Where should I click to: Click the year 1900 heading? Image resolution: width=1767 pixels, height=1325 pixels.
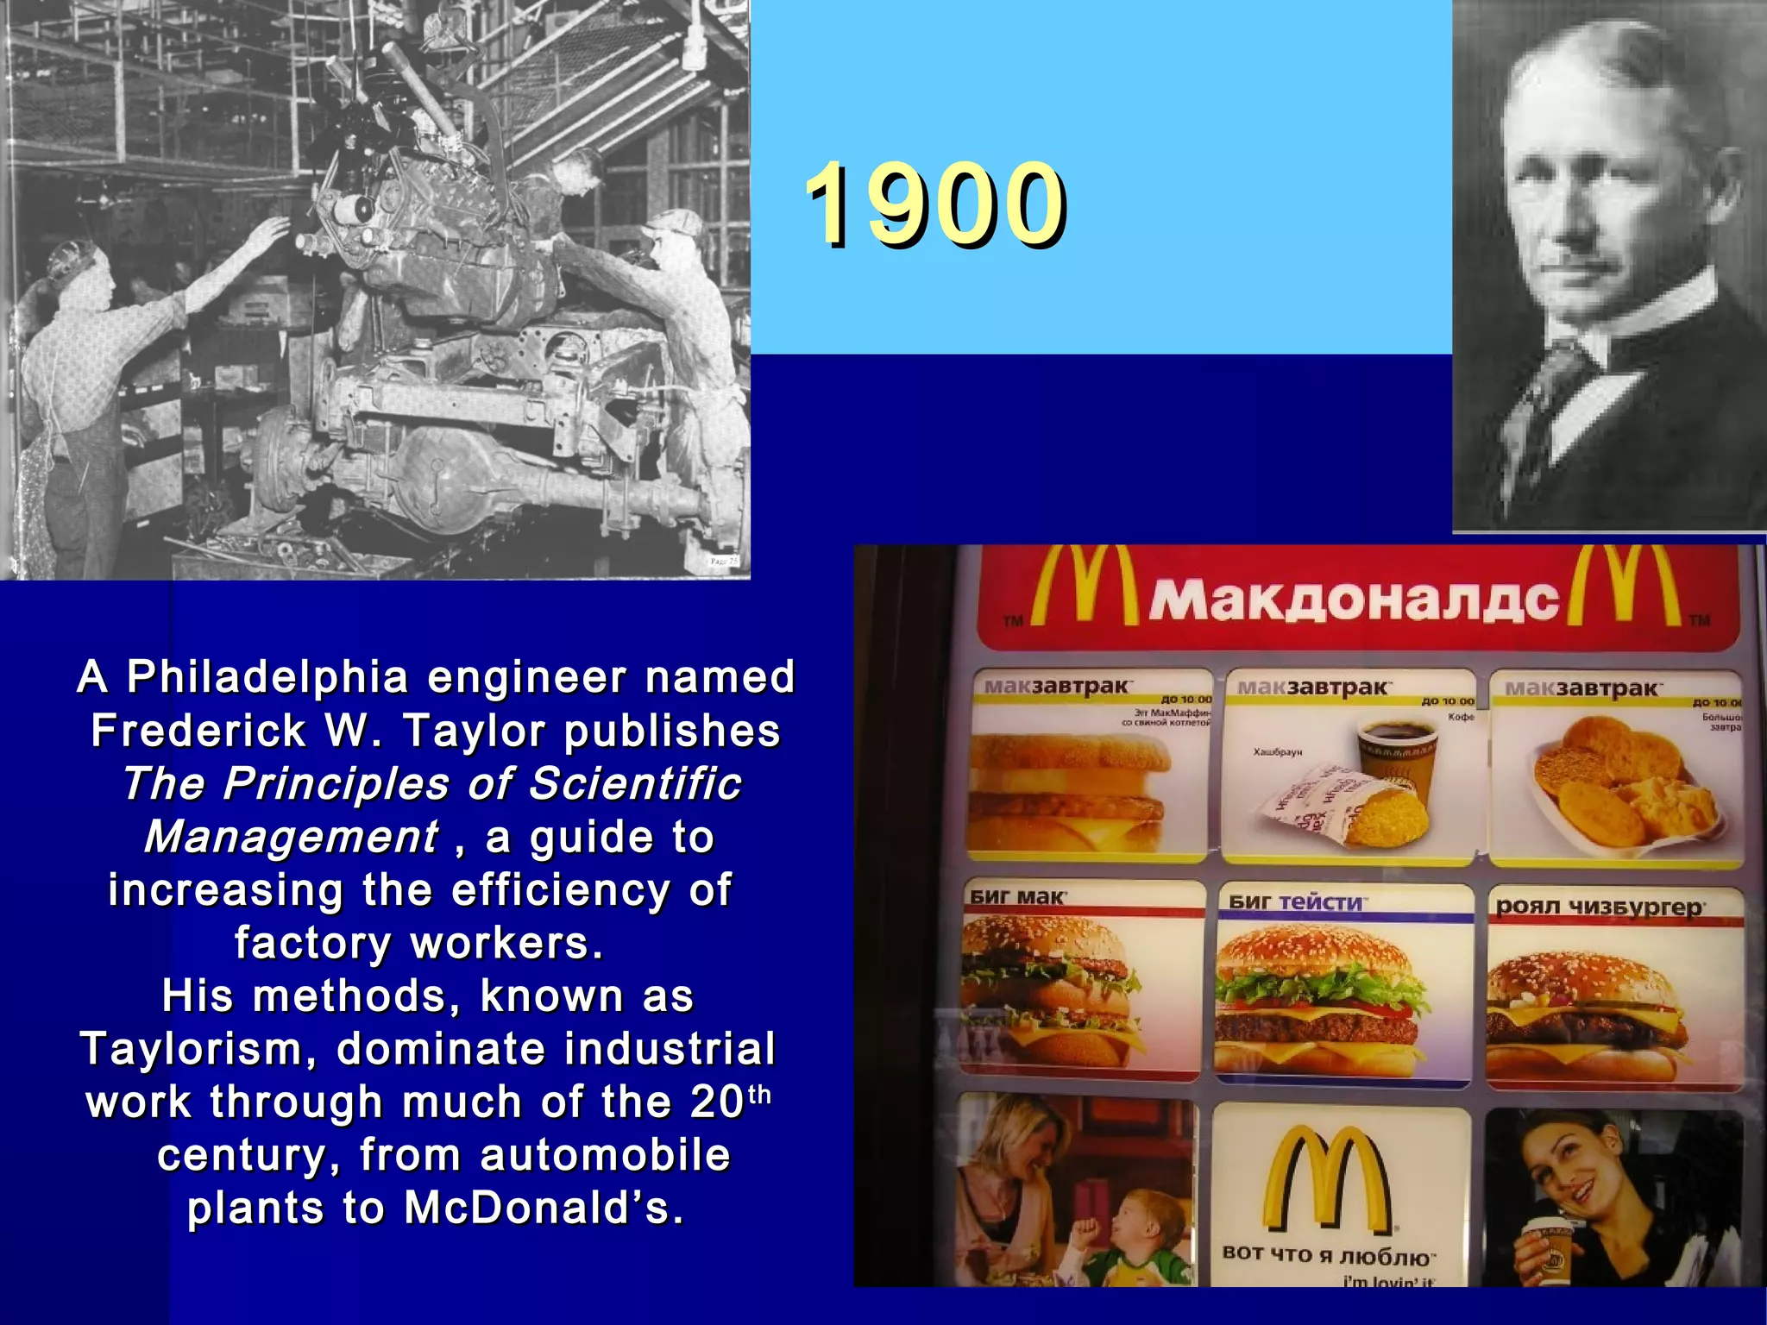tap(935, 205)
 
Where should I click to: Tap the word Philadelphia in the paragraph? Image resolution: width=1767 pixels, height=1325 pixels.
tap(267, 677)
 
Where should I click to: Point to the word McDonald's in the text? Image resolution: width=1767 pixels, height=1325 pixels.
tap(543, 1208)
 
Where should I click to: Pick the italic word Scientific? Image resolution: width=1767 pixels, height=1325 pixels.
tap(634, 784)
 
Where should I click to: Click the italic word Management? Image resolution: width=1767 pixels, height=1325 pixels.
tap(292, 838)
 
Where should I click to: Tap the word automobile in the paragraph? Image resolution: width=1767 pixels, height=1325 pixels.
tap(605, 1155)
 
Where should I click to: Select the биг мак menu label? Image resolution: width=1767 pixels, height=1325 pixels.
tap(1017, 897)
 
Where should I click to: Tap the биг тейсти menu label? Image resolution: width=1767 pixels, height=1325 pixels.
tap(1295, 902)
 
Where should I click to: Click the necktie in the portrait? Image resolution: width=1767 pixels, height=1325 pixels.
tap(1553, 380)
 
